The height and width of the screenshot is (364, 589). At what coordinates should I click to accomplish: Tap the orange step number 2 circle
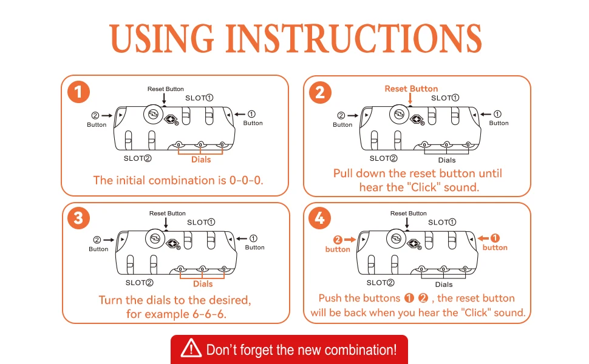pos(320,93)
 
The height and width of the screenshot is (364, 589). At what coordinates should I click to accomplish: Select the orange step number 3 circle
pos(78,218)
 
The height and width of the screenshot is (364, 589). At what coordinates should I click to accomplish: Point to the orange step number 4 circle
pos(320,218)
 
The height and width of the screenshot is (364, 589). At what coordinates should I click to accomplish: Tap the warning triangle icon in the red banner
pos(191,349)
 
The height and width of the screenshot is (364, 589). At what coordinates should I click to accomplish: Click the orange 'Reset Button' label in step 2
pos(411,89)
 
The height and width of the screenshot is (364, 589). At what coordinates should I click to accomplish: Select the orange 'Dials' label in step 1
pos(201,160)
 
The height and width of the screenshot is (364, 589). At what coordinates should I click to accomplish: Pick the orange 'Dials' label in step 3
pos(203,284)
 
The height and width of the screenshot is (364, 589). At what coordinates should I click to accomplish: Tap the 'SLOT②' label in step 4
pos(381,283)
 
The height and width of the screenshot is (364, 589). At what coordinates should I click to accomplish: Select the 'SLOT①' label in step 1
pos(199,98)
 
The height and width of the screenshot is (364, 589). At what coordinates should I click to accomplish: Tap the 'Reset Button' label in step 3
pos(168,214)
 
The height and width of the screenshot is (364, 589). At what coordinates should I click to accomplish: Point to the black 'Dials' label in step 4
pos(444,285)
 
